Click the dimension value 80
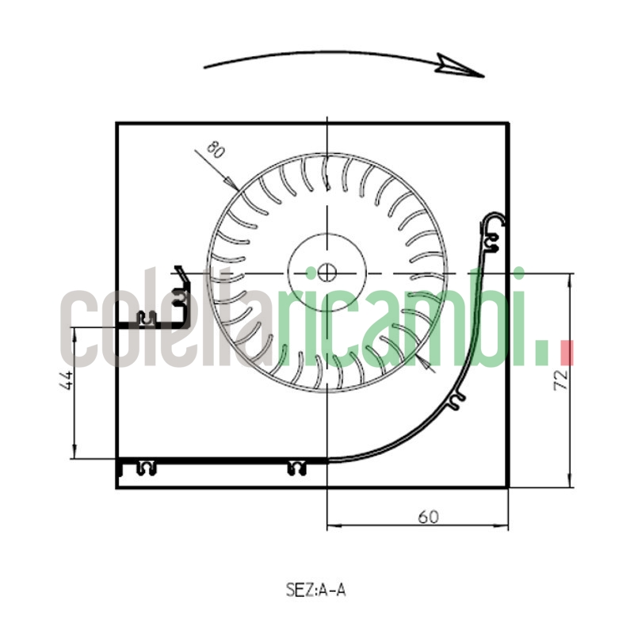[215, 150]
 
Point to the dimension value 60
[428, 517]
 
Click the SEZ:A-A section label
[315, 590]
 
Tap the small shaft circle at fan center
[327, 273]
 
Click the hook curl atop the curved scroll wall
[494, 220]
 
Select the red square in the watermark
[567, 353]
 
